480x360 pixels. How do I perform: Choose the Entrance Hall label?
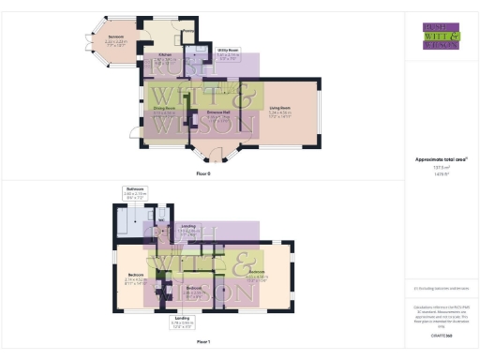(220, 111)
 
